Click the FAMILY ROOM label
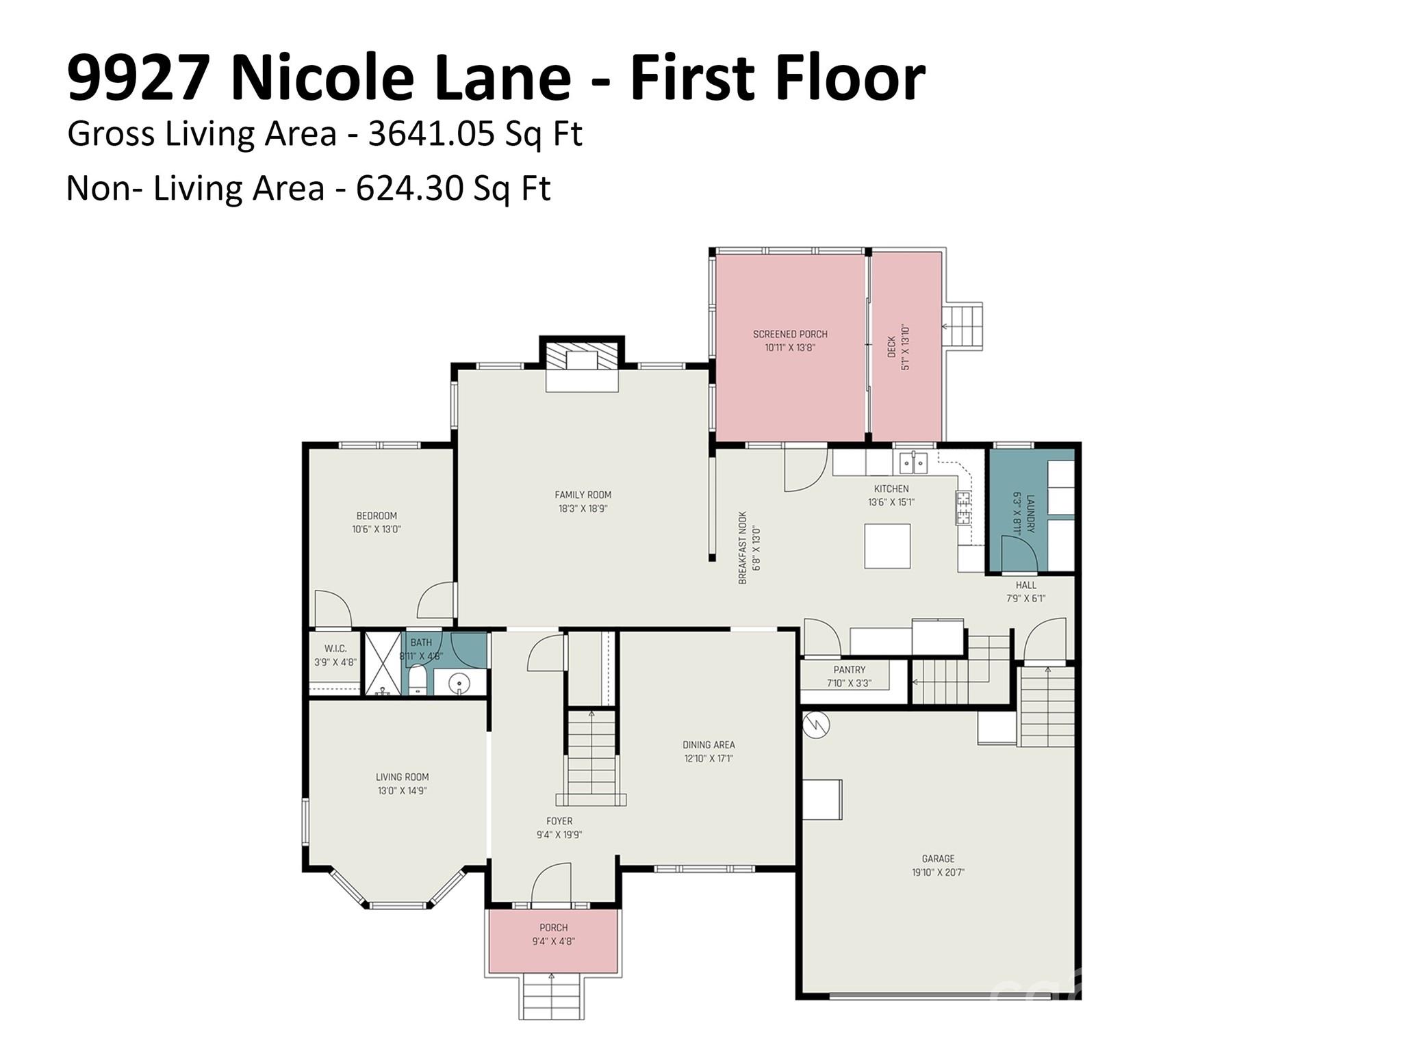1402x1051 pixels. pos(583,495)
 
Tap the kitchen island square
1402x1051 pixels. pos(887,546)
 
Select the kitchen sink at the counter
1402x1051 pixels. pos(913,463)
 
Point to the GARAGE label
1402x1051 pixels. pos(937,858)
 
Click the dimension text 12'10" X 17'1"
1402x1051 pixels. pos(709,758)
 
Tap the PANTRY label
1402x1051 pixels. pos(849,670)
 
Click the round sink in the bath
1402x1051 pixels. pos(459,682)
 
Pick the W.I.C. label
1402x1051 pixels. pos(335,648)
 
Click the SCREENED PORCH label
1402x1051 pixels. pos(790,334)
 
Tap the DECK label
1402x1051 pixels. pos(891,346)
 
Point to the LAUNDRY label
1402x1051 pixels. pos(1030,514)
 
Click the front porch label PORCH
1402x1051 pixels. pos(553,928)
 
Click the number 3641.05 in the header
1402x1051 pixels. pos(431,133)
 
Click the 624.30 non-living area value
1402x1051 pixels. pos(409,188)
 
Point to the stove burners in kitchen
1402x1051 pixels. pos(963,508)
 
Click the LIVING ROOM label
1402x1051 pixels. pos(402,777)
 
